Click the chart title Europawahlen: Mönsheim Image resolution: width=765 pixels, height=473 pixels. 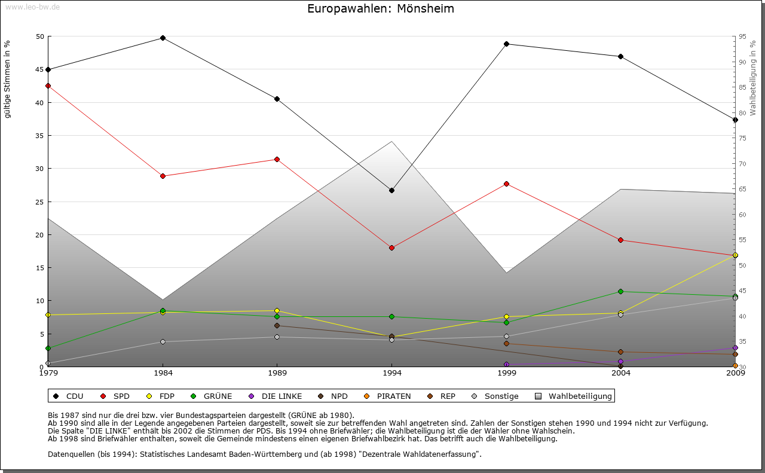(x=381, y=8)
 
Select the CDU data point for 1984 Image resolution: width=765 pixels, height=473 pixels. (x=163, y=38)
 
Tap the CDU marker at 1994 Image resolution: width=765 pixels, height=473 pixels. (x=391, y=190)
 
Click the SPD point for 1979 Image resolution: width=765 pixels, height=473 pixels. (x=48, y=86)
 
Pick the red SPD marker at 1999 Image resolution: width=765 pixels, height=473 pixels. (x=506, y=184)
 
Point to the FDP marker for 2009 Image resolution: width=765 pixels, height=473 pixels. (x=735, y=255)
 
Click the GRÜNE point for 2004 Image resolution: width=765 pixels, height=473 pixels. (x=620, y=291)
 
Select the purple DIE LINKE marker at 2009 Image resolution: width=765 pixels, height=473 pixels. (x=735, y=347)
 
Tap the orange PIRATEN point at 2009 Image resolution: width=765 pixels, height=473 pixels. (x=735, y=365)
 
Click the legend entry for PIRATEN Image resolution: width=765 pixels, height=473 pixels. (x=388, y=396)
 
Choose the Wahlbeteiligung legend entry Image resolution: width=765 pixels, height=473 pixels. (x=574, y=396)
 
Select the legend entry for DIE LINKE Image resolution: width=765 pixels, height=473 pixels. (x=276, y=396)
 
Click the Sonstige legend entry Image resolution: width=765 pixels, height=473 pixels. (x=495, y=396)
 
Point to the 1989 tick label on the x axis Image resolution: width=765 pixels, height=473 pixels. (x=277, y=373)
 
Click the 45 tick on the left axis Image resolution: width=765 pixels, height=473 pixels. (x=40, y=69)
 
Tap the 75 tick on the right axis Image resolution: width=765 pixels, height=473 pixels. (x=742, y=138)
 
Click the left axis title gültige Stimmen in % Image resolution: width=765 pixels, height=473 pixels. (x=8, y=79)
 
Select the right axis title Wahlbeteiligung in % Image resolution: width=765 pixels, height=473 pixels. (x=753, y=78)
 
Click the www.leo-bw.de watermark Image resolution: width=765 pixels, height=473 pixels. (x=31, y=7)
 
